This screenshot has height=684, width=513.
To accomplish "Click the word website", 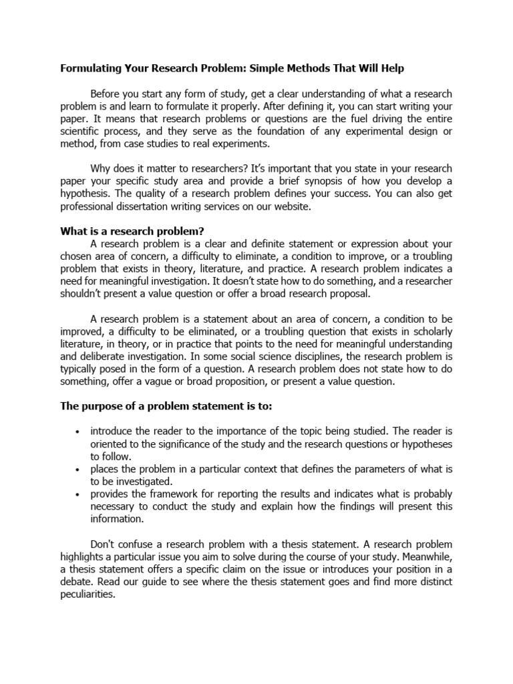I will pyautogui.click(x=289, y=208).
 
